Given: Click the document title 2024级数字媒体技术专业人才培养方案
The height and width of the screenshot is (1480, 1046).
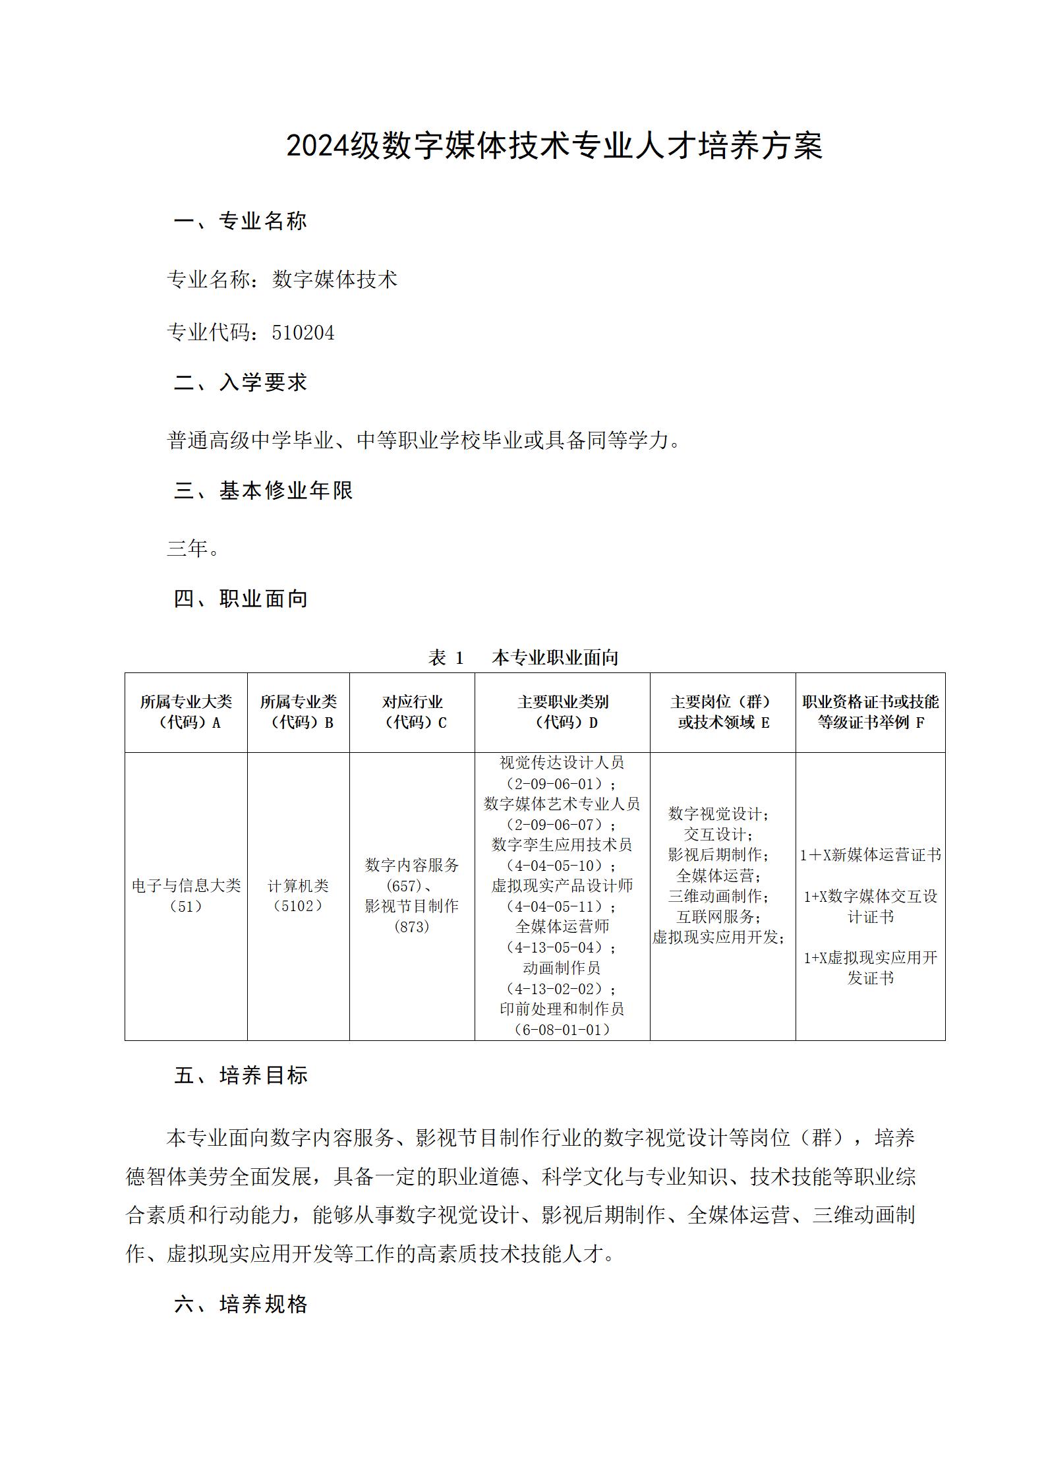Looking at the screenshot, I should coord(554,146).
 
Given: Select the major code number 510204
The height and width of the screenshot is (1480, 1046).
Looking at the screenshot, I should coord(303,333).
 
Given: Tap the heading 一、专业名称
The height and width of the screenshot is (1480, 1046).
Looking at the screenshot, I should coord(241,222).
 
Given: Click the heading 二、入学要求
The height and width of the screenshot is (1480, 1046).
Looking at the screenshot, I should coord(241,382).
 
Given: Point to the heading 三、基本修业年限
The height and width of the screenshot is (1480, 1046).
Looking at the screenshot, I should coord(264,490).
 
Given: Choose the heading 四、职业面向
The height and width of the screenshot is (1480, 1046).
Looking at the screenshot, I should coord(241,599).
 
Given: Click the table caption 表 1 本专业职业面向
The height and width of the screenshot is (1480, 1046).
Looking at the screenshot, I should coord(523,657).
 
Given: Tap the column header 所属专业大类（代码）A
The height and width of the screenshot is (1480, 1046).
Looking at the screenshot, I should coord(186,712).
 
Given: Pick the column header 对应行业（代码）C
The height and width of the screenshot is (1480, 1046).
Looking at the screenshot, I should coord(412,712).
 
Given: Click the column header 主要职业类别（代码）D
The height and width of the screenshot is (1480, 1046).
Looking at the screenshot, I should coord(562,712).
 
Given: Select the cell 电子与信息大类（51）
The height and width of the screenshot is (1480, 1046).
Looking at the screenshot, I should coord(186,896).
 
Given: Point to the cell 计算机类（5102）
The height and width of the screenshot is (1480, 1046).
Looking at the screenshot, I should coord(298,896).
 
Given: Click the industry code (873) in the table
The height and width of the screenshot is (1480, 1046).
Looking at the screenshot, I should coord(412,927).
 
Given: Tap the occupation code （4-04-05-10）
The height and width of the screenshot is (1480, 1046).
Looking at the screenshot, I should coord(562,866).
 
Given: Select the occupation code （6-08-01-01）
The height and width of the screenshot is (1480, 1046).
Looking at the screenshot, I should coord(562,1030).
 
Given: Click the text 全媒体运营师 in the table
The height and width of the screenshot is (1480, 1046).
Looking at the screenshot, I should coord(562,927).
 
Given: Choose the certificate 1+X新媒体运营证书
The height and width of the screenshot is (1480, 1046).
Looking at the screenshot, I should coord(870,855).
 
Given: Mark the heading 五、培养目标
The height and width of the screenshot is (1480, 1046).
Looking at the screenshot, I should coord(241,1076).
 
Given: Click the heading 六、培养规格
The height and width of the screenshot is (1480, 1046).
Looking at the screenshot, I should coord(241,1304).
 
